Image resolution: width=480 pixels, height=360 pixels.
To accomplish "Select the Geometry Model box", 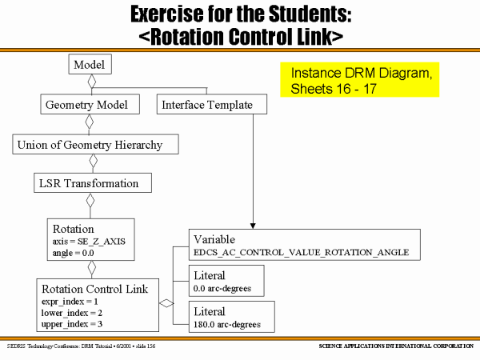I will point(90,105).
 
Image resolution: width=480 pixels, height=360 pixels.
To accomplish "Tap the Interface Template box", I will point(207,105).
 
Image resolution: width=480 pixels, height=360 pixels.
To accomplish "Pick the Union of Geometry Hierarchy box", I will point(95,145).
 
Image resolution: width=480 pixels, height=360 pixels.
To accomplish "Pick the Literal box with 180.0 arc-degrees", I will point(231,316).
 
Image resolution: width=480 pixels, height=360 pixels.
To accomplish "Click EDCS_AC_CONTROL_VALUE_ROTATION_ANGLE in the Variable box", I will point(302,252).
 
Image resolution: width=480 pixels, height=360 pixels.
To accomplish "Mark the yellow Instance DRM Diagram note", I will point(359,80).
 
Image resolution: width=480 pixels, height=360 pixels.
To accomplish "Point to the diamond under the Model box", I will point(92,81).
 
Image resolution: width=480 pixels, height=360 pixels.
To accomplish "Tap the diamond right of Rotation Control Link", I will point(166,303).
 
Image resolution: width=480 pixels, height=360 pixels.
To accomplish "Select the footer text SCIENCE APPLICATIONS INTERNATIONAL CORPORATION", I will point(395,346).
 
